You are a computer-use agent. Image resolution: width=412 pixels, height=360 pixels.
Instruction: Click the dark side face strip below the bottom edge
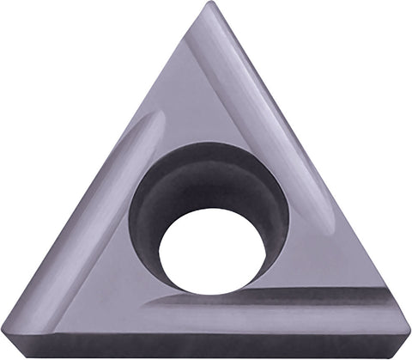click(206, 347)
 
